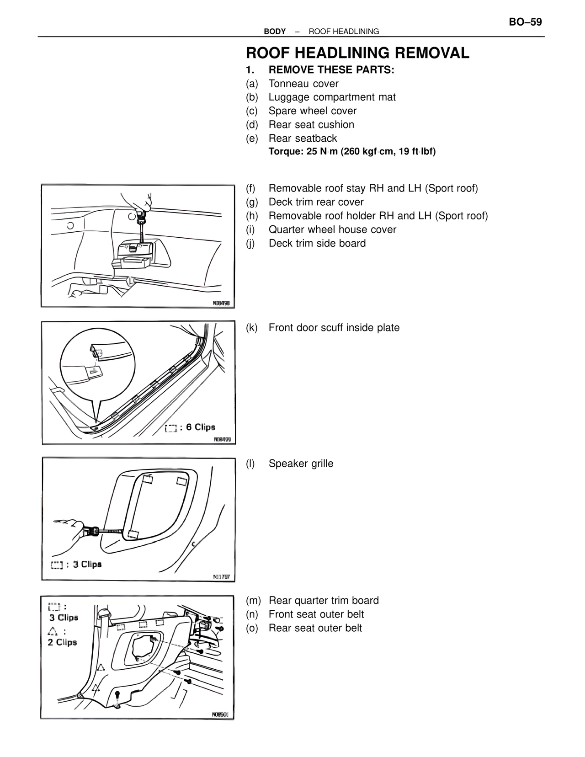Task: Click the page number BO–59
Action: [x=525, y=22]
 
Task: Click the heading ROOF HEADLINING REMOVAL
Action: [x=357, y=53]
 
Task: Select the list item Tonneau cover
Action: [x=303, y=84]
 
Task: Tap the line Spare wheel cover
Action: [x=312, y=111]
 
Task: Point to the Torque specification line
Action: [x=352, y=151]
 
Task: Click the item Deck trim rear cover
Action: [x=316, y=202]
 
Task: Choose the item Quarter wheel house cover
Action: [x=332, y=229]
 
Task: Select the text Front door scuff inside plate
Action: [x=334, y=328]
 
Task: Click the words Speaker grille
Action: [x=301, y=464]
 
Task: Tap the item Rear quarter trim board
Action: [x=324, y=601]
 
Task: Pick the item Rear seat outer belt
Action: [x=315, y=628]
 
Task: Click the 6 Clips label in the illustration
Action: [x=200, y=427]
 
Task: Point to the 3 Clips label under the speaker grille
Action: [x=87, y=564]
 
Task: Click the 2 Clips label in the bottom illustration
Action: [x=62, y=642]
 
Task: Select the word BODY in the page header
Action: [x=275, y=32]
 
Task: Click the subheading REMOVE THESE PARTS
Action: [x=331, y=70]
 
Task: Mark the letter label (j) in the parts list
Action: [x=251, y=243]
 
